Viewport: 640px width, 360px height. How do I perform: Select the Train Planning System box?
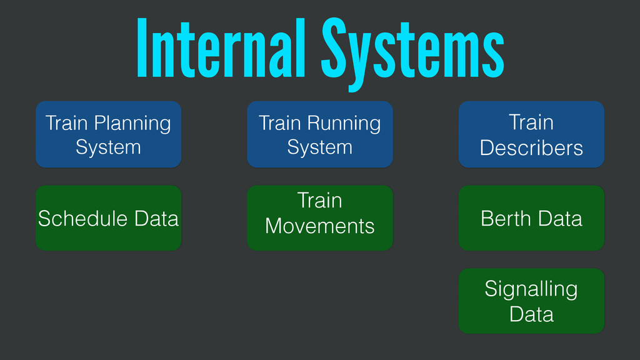click(x=108, y=134)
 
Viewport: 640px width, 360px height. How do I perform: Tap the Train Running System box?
click(x=320, y=134)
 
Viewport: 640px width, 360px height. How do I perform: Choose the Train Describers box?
click(x=531, y=134)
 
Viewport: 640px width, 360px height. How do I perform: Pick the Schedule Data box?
click(x=108, y=218)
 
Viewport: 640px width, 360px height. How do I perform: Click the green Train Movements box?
click(x=320, y=218)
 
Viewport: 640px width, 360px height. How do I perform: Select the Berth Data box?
click(x=531, y=218)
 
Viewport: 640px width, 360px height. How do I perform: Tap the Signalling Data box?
click(x=531, y=301)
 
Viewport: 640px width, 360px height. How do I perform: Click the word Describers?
click(x=531, y=148)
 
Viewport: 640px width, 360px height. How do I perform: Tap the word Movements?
click(x=320, y=226)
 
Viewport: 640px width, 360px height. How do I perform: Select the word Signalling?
click(x=531, y=289)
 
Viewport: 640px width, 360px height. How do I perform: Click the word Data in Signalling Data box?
click(x=531, y=313)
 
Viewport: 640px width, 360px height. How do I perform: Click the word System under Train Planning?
click(x=108, y=147)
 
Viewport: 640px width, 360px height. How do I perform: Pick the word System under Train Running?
click(x=320, y=147)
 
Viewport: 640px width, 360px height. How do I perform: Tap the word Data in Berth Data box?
click(x=560, y=219)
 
